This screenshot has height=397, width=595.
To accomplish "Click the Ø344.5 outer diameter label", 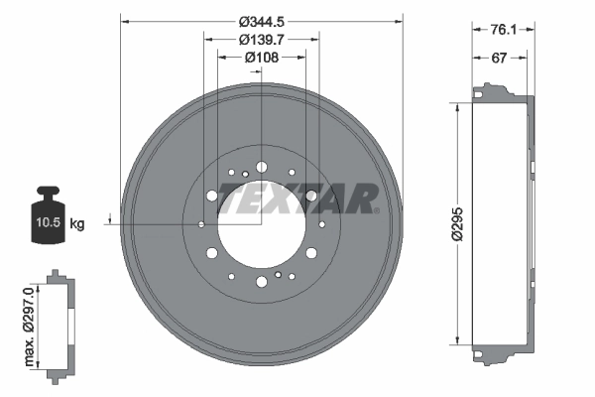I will pos(262,19).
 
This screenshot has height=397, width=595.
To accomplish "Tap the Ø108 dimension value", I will pos(262,58).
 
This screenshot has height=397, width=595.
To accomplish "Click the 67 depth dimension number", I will pos(502,59).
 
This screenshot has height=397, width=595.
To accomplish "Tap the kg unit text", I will pos(77,224).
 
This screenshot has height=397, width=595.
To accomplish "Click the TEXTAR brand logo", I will pos(297,198).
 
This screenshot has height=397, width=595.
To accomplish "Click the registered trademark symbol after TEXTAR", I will pos(377,209).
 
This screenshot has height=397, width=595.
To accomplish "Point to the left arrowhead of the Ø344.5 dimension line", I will pos(124,19).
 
